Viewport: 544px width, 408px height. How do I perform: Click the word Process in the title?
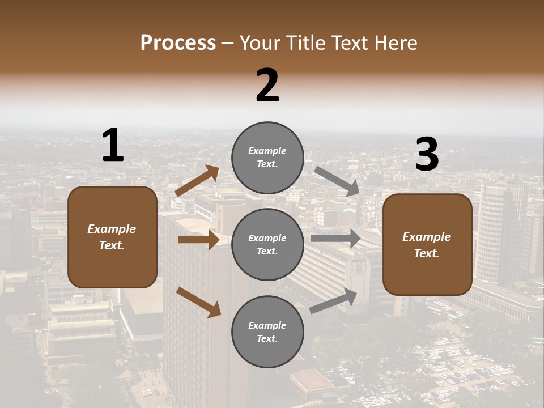pyautogui.click(x=178, y=43)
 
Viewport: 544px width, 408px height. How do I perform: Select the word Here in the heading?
pyautogui.click(x=394, y=43)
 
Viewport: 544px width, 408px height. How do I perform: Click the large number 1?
pyautogui.click(x=113, y=146)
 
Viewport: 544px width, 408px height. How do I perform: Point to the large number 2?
pyautogui.click(x=267, y=86)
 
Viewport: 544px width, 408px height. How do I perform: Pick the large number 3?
pyautogui.click(x=427, y=155)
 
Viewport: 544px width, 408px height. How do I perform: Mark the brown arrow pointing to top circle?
pyautogui.click(x=197, y=181)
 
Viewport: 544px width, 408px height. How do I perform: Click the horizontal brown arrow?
pyautogui.click(x=198, y=240)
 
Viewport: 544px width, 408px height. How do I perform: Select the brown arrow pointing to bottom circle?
pyautogui.click(x=198, y=302)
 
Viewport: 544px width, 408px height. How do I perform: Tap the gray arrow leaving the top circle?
pyautogui.click(x=337, y=181)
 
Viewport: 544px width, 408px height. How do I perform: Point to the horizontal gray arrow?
pyautogui.click(x=335, y=238)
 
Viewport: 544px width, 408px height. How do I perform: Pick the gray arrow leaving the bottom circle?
pyautogui.click(x=333, y=300)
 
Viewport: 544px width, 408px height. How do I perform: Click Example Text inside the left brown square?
pyautogui.click(x=112, y=237)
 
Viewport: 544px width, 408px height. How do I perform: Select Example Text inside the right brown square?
pyautogui.click(x=427, y=245)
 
